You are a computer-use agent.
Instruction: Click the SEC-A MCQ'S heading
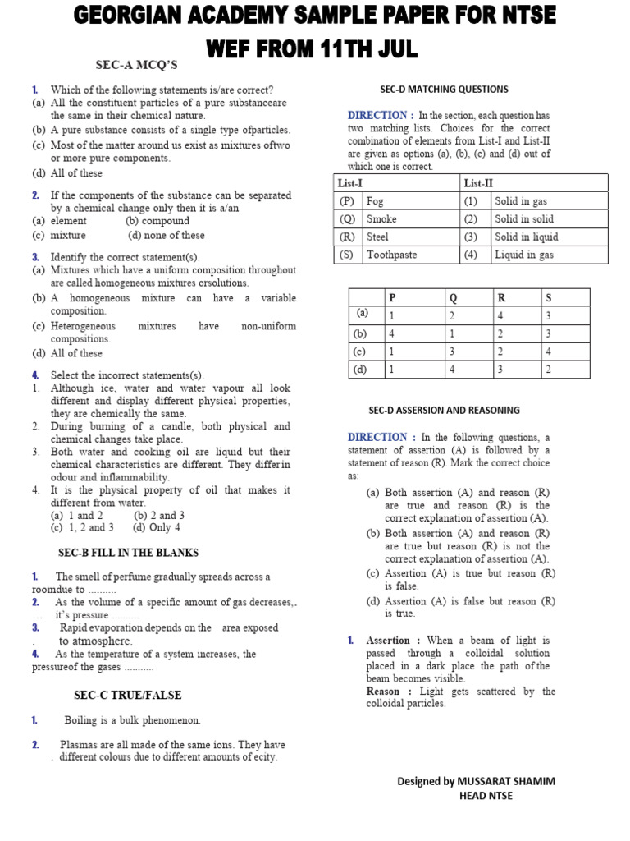137,65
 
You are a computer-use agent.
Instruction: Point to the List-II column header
478,183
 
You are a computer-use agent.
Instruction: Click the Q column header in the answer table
451,296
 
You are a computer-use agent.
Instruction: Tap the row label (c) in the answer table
360,352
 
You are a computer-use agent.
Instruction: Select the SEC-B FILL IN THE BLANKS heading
128,553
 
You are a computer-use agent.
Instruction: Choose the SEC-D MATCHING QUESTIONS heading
444,90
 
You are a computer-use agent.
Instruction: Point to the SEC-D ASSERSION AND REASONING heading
444,411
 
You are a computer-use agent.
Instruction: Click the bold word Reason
383,692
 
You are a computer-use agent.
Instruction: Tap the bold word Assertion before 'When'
388,641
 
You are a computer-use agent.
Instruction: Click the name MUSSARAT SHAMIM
509,781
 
